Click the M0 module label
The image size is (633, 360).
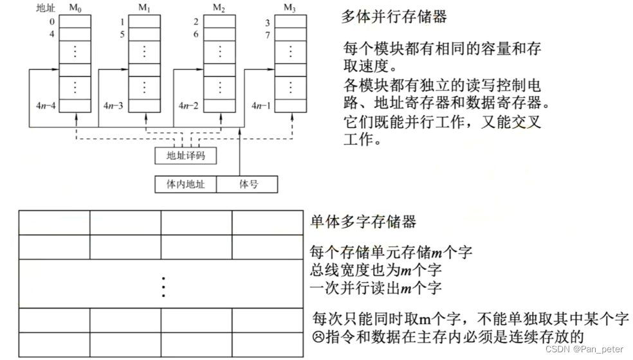tap(75, 7)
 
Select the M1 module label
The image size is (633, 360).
tap(144, 7)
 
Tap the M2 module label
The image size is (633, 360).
tap(219, 7)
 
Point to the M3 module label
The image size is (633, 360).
tap(290, 7)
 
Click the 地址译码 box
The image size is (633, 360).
tap(186, 156)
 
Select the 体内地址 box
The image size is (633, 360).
tap(186, 184)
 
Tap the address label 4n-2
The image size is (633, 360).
tap(188, 105)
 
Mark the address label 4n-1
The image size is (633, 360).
tap(261, 105)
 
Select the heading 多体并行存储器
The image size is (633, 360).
tap(394, 17)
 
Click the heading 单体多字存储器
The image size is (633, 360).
tap(363, 222)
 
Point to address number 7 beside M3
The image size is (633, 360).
tap(268, 34)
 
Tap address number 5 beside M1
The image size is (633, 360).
tap(122, 34)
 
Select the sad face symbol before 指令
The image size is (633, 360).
tap(316, 336)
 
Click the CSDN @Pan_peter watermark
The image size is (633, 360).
tap(583, 349)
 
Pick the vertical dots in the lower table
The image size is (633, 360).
tap(163, 286)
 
